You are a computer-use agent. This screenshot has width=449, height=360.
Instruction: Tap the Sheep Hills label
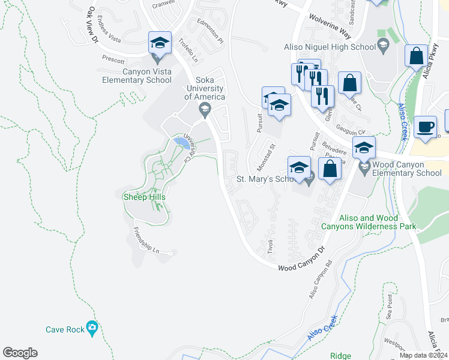(143, 196)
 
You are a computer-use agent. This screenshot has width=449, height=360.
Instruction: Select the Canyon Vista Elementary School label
(147, 75)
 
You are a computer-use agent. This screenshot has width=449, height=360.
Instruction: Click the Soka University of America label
(204, 88)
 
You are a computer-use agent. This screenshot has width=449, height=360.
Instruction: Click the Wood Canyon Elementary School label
(407, 169)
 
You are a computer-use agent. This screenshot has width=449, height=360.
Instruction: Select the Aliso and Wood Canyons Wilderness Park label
(369, 222)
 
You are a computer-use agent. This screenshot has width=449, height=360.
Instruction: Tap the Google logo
(20, 353)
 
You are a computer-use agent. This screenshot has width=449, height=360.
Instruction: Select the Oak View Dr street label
(92, 26)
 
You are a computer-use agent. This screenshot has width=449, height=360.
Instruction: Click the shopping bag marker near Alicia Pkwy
(415, 56)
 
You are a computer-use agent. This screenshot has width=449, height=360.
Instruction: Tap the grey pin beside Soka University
(205, 109)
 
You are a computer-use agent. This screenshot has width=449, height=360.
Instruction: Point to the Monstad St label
(265, 156)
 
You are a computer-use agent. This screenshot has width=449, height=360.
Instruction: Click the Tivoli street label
(271, 246)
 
